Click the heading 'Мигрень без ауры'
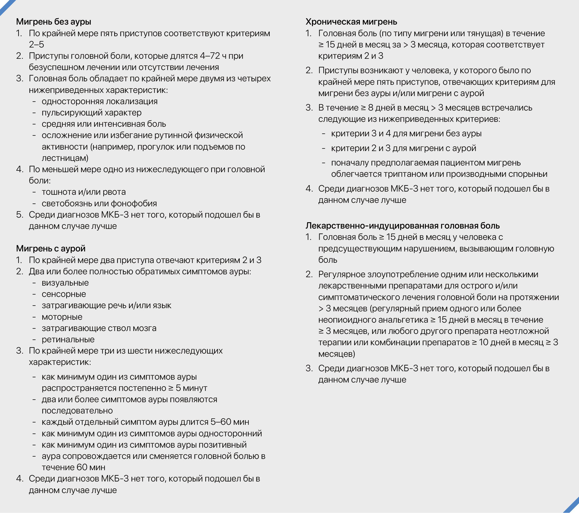54,22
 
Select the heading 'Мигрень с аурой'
51,249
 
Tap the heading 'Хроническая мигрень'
351,22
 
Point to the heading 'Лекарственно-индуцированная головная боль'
402,226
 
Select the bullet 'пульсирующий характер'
91,113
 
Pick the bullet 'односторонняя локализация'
100,101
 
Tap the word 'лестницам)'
65,158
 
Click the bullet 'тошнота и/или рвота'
84,192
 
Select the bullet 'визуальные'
65,283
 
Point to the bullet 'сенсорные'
64,294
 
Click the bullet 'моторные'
62,317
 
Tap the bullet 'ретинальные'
68,339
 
